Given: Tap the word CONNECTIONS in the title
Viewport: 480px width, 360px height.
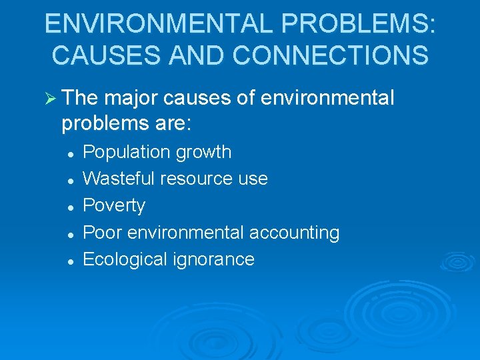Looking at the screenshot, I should tap(333, 55).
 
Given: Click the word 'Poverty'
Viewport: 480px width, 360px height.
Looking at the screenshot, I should tap(113, 205).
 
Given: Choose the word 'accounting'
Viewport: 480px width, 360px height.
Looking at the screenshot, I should tap(294, 233).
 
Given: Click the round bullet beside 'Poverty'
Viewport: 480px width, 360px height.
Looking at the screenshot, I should tap(69, 207).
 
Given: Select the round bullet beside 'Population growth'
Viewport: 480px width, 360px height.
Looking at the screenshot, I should tap(69, 153).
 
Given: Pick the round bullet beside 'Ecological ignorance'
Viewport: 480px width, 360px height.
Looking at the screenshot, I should tap(69, 261).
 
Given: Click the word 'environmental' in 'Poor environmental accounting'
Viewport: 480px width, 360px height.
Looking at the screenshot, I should tap(186, 233).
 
